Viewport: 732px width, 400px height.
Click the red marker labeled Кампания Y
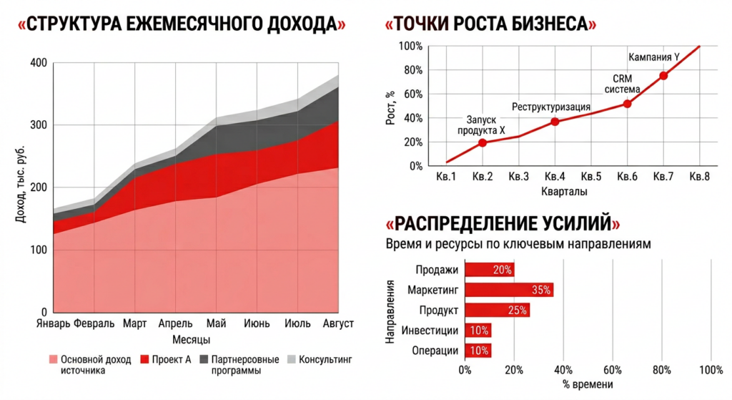[x=663, y=75]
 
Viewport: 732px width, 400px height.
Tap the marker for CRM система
[x=627, y=104]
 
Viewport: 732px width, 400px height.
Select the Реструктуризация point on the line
[x=555, y=122]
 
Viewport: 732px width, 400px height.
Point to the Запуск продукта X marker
[x=483, y=142]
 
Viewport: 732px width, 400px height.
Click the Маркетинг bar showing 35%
[x=509, y=290]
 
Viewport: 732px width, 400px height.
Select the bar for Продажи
[x=490, y=270]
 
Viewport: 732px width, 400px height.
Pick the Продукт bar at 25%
[x=497, y=310]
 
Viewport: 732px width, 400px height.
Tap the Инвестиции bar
[x=478, y=331]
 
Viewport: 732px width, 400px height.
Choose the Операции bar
[x=478, y=351]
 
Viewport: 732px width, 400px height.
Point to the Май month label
[x=217, y=324]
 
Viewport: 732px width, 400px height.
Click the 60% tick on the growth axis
[x=413, y=94]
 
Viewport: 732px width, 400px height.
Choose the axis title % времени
[x=588, y=385]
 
